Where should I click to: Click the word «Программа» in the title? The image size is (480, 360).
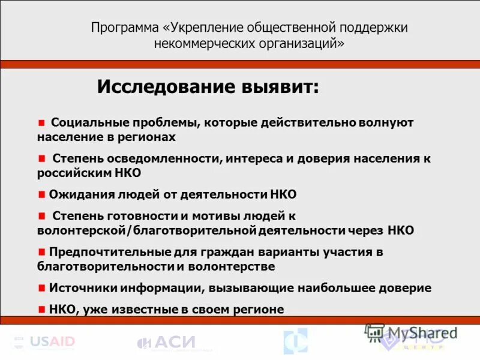click(125, 28)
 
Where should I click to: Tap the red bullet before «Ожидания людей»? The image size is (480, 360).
click(41, 194)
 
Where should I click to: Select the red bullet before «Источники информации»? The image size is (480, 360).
click(41, 288)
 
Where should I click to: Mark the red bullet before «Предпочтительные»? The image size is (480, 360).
click(41, 252)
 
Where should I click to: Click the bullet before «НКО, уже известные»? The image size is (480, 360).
click(41, 310)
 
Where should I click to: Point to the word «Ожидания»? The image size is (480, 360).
click(77, 194)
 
